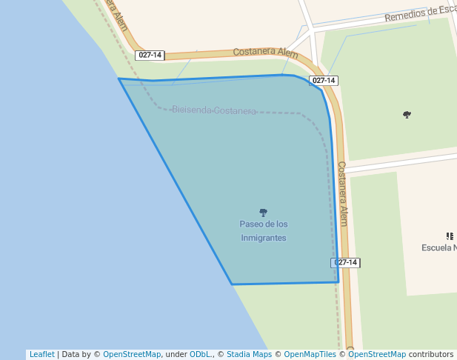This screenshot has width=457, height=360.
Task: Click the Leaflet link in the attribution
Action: (41, 354)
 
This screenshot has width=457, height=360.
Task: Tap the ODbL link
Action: (201, 354)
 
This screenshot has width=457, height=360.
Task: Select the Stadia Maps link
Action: (249, 354)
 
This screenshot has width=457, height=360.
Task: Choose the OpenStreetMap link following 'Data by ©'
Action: (132, 354)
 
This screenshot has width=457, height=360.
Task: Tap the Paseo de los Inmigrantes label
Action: (263, 230)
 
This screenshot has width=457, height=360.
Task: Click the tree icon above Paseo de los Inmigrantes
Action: (263, 213)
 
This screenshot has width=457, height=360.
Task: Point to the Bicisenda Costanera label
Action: (214, 110)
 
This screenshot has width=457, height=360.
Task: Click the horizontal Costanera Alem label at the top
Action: (265, 53)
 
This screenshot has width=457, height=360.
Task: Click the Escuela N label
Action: (439, 247)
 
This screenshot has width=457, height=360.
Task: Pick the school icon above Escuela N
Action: (450, 236)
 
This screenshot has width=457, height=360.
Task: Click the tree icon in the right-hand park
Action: (407, 115)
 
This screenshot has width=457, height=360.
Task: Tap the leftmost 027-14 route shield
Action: (150, 56)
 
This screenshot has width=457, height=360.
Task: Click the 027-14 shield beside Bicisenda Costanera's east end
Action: (324, 81)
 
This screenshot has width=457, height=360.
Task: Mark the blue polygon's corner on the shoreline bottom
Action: (232, 284)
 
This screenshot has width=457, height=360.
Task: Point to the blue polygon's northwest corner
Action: (119, 79)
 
